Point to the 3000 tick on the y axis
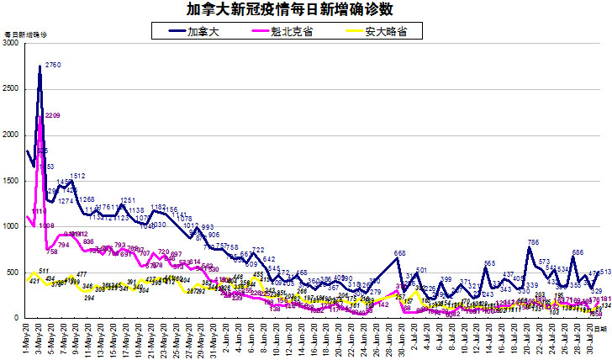pyautogui.click(x=11, y=43)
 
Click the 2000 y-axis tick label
pyautogui.click(x=11, y=135)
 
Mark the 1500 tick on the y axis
pyautogui.click(x=11, y=181)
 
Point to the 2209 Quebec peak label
pyautogui.click(x=52, y=115)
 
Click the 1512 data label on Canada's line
pyautogui.click(x=77, y=176)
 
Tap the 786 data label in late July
pyautogui.click(x=532, y=242)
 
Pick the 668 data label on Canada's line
pyautogui.click(x=400, y=253)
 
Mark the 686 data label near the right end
pyautogui.click(x=578, y=251)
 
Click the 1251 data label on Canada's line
pyautogui.click(x=128, y=200)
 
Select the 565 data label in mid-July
pyautogui.click(x=489, y=263)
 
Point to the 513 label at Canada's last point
pyautogui.click(x=604, y=272)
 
